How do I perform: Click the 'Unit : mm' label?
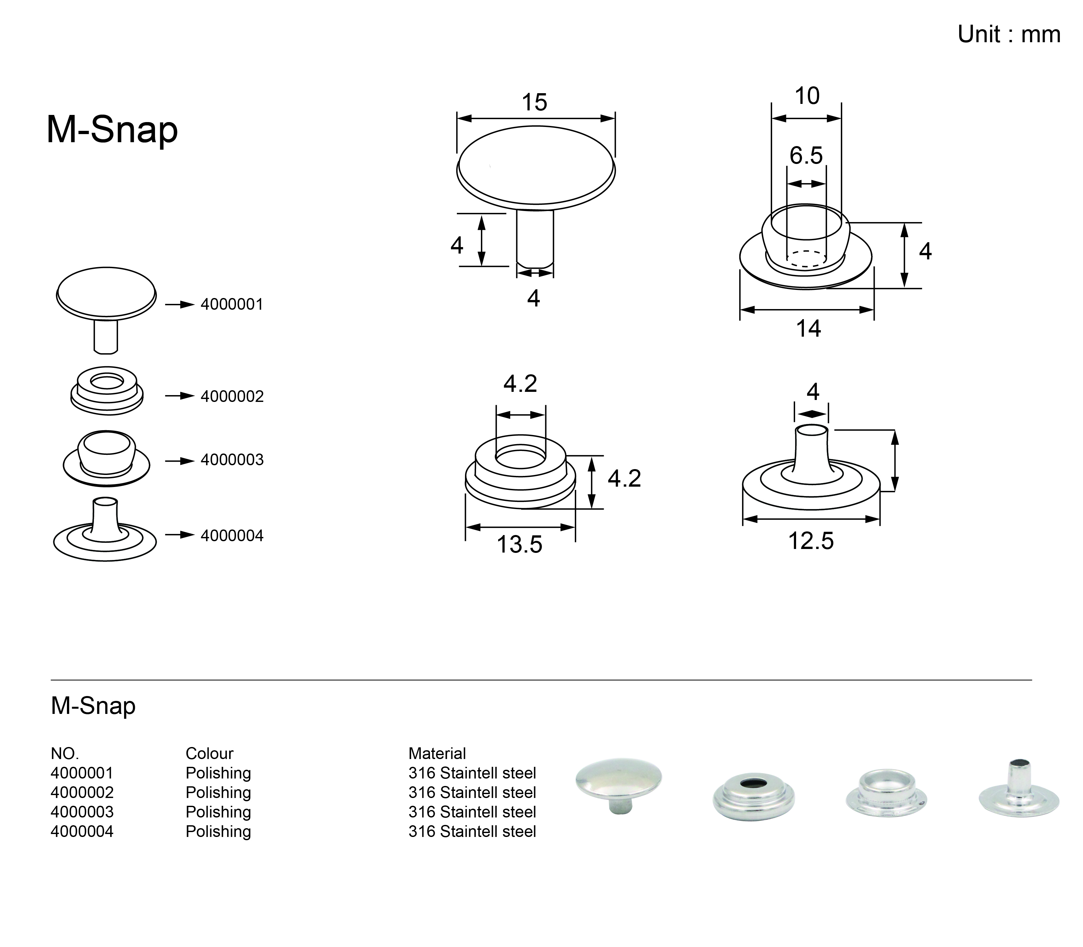coord(1009,35)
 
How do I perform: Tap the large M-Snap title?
coord(112,130)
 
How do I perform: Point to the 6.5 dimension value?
coord(806,156)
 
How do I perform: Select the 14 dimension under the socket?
coord(808,329)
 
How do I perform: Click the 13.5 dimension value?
coord(519,545)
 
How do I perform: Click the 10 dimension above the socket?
coord(807,96)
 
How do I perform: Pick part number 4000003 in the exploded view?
coord(232,460)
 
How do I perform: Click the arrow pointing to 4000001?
coord(180,305)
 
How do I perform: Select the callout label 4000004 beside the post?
coord(232,536)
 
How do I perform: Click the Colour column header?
coord(209,754)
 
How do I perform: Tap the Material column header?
coord(437,754)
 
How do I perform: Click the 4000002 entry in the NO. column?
coord(82,793)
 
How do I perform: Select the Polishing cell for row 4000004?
coord(218,832)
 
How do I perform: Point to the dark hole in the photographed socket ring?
coord(754,782)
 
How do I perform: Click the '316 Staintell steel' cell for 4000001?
coord(472,773)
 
